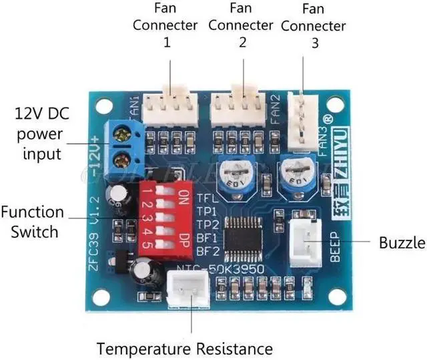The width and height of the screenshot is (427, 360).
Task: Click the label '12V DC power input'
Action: (x=41, y=133)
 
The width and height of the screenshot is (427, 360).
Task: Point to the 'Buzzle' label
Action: (x=402, y=242)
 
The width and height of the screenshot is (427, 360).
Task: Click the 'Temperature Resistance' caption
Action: (x=185, y=348)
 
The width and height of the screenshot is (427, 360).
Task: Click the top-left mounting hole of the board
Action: (x=103, y=106)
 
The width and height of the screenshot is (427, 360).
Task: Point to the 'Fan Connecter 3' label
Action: (x=314, y=27)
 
